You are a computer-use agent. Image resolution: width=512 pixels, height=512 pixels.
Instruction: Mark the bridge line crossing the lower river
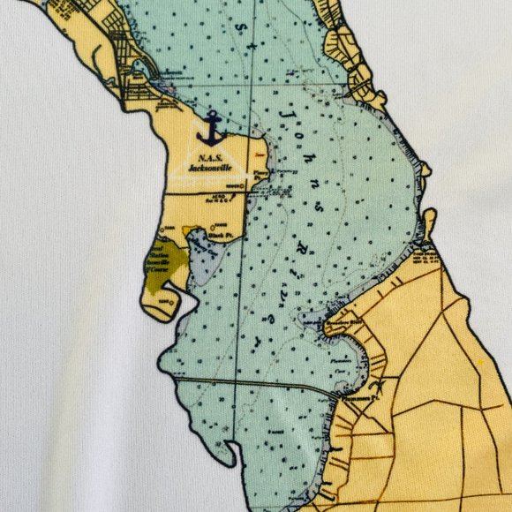(247, 384)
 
